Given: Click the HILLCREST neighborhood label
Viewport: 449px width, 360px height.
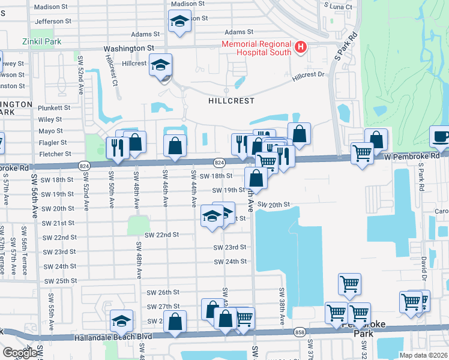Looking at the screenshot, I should pos(231,101).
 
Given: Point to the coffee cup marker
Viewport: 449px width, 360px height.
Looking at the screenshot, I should pos(441,136).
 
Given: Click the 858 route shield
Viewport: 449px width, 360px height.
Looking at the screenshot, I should pos(300,332).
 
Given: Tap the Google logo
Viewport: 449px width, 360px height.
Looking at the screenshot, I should pos(19,353).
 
